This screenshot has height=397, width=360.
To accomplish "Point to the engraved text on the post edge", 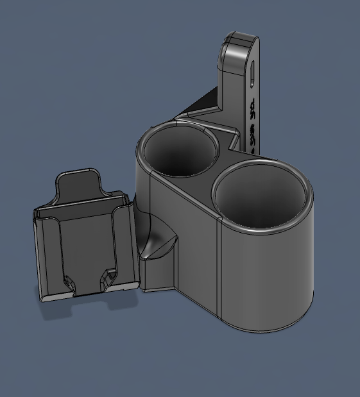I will [x=252, y=122].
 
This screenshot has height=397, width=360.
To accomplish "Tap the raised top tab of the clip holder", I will [x=80, y=183].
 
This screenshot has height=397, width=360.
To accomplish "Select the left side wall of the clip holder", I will [x=40, y=253].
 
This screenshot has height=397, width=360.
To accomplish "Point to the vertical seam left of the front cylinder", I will [x=219, y=269].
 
